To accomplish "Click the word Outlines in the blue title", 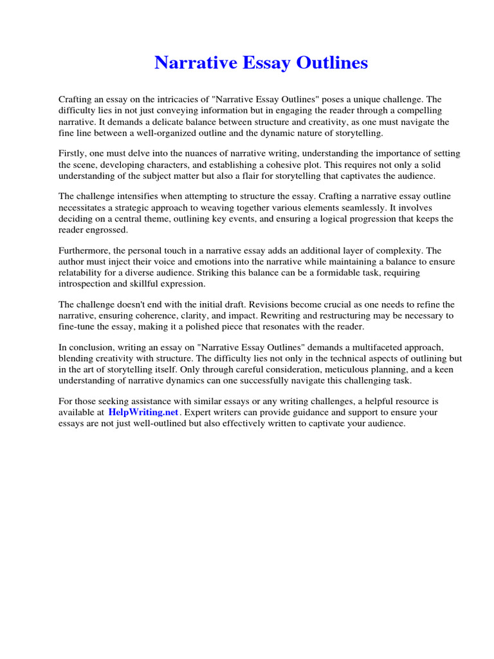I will (333, 63).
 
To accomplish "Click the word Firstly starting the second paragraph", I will (72, 153).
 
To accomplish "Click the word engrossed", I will (109, 230).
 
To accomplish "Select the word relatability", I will (81, 272).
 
